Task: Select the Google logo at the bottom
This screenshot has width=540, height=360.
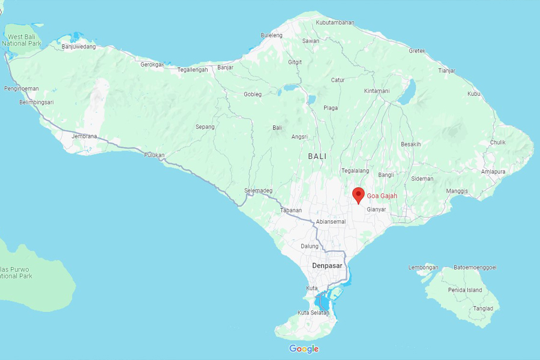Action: (x=304, y=349)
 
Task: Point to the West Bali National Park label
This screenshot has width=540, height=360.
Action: (x=22, y=40)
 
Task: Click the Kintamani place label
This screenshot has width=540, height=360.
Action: (x=377, y=91)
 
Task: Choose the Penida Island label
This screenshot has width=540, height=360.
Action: (x=466, y=290)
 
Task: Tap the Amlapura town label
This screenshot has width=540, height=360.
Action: (x=493, y=171)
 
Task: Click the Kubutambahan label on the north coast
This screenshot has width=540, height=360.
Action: (x=335, y=23)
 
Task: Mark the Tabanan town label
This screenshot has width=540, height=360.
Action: (x=291, y=211)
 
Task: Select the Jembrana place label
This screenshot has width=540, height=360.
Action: (x=84, y=136)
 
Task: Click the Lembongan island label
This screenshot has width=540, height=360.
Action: (x=423, y=268)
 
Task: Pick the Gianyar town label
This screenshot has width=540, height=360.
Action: (x=376, y=209)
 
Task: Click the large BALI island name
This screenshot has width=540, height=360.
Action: (x=317, y=156)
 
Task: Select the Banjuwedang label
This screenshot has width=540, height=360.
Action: (x=79, y=47)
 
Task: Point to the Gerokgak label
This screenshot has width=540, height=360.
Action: (x=152, y=64)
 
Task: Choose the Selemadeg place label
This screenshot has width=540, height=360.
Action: (x=258, y=191)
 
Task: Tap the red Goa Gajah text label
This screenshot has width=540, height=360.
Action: (x=382, y=196)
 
